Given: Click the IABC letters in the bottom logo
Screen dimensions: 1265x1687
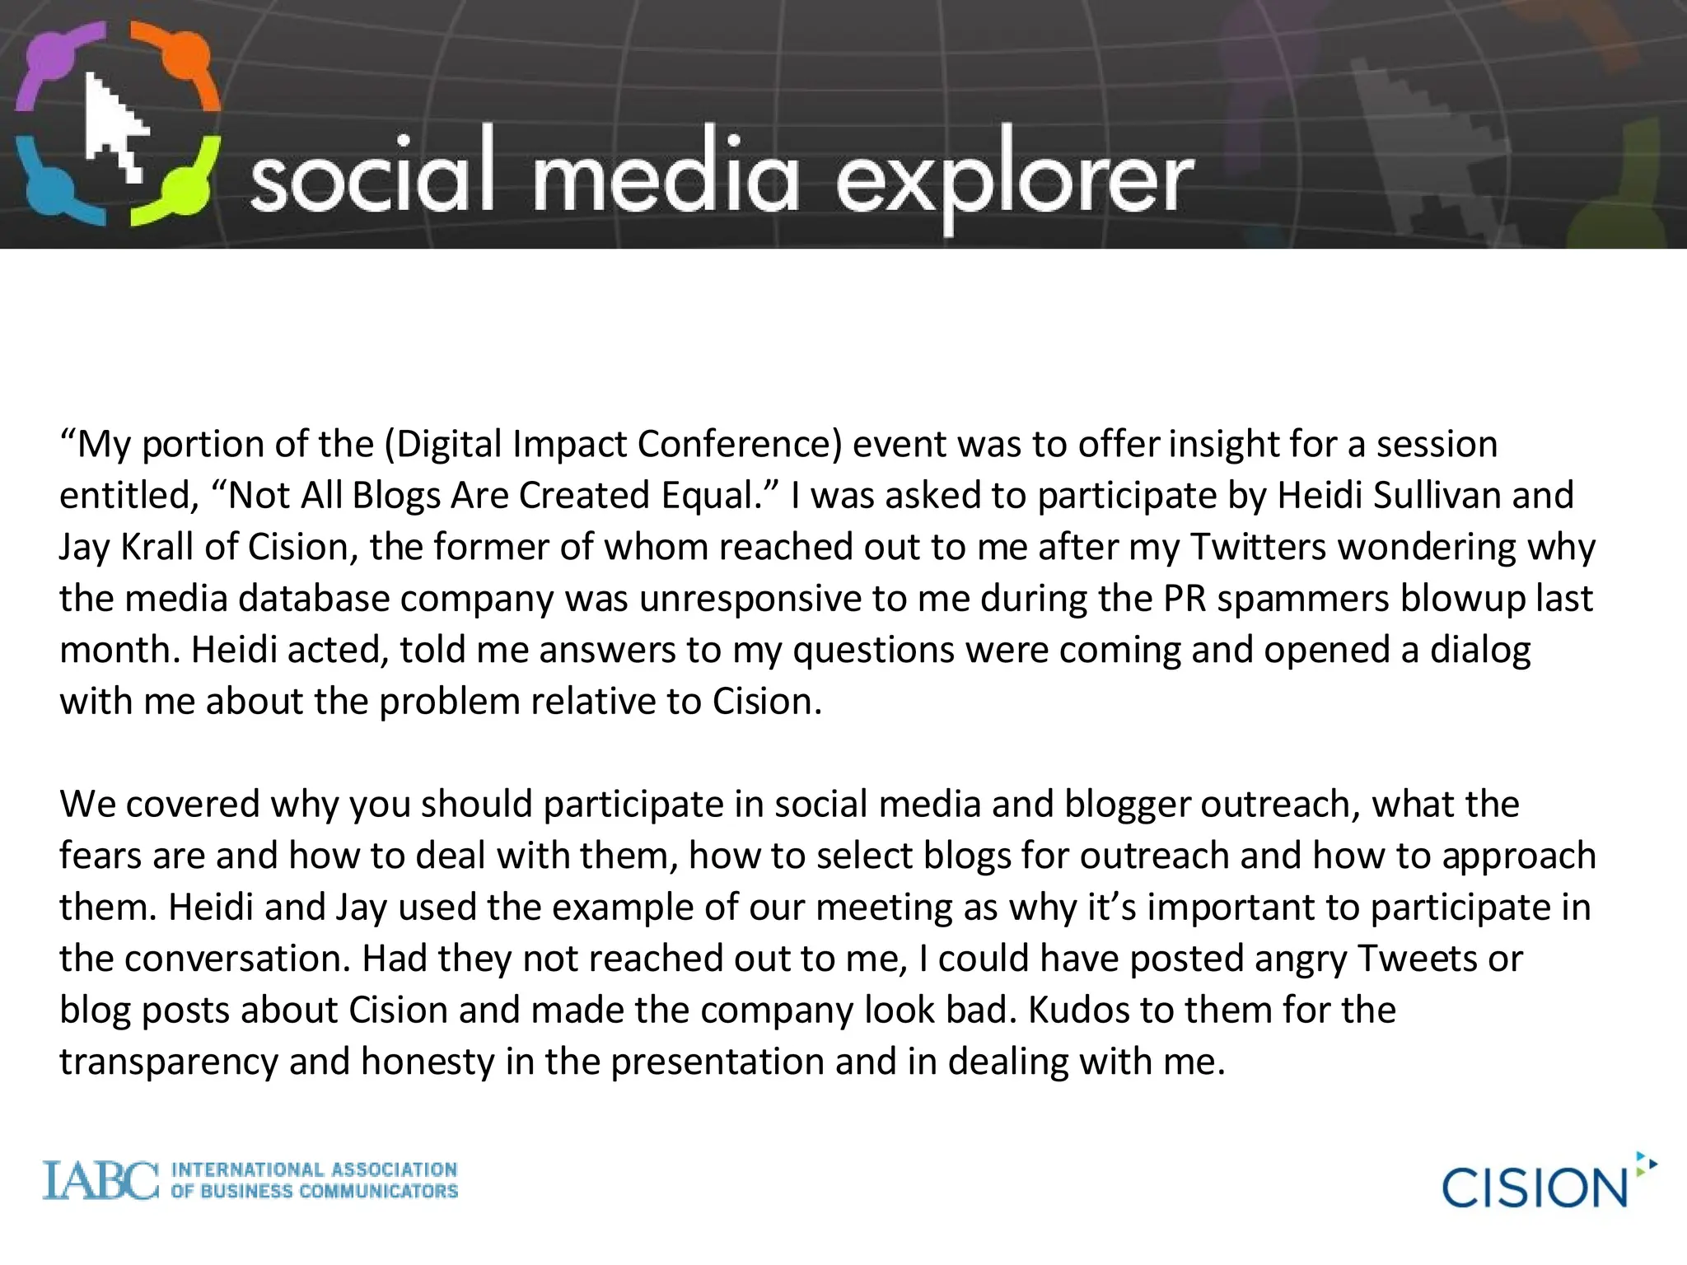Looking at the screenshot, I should pos(100,1180).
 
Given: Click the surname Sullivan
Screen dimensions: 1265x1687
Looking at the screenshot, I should pos(1437,496).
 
